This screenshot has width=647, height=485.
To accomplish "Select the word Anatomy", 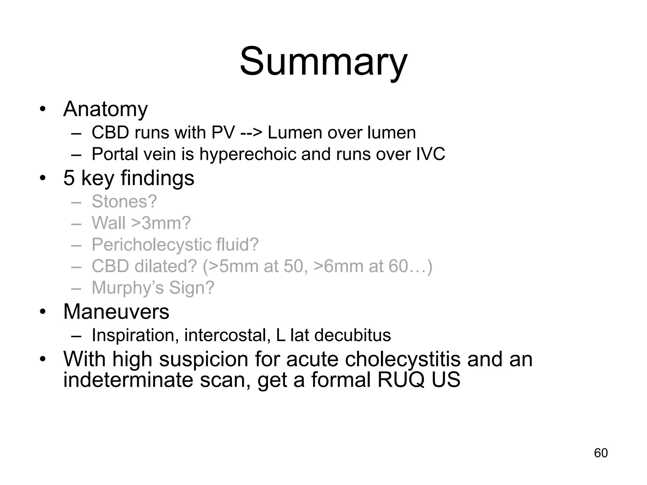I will pos(106,109).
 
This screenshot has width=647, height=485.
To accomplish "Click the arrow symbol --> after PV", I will pos(251,133).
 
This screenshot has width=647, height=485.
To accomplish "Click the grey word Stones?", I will pos(124,201).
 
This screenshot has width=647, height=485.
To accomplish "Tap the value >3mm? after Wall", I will pos(161,223).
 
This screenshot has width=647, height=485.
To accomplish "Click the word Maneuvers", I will pos(116,312).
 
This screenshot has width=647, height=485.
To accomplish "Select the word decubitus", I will pos(353,335).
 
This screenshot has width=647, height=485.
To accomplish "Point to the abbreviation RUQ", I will pos(401,380).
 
